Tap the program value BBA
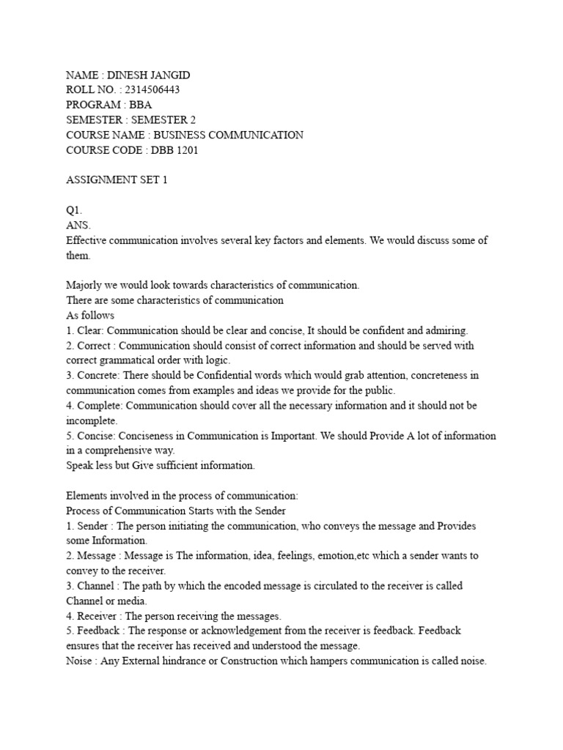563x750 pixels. (141, 105)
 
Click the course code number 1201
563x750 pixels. (186, 150)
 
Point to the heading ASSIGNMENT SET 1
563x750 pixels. (117, 180)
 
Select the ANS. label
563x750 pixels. (78, 226)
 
